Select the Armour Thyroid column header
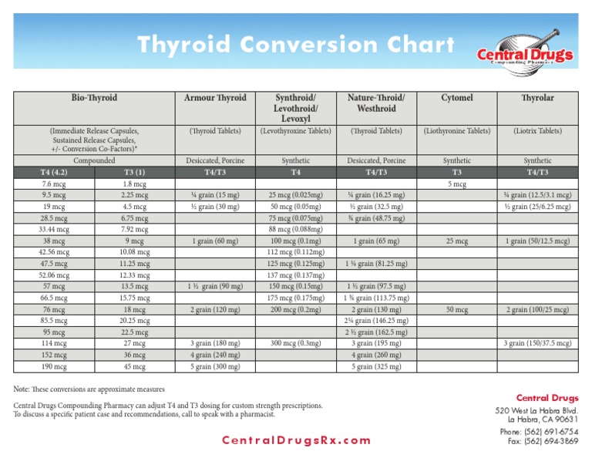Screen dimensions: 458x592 pos(216,98)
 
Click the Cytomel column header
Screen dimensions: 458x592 pos(456,98)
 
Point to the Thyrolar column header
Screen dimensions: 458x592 pos(538,98)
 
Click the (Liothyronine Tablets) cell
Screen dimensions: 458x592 pos(456,131)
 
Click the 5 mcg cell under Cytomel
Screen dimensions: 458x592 pos(456,185)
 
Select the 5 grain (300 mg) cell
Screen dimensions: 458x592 pos(216,367)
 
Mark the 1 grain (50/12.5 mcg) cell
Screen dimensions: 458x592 pos(538,241)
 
